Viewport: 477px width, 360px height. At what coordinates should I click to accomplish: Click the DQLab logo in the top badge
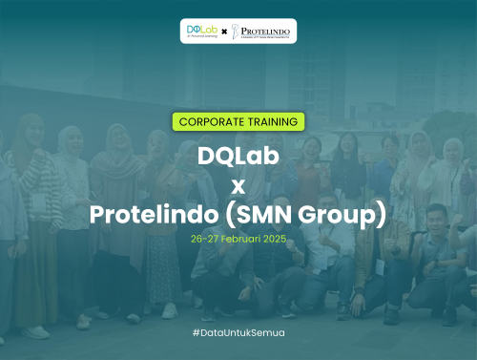[202, 32]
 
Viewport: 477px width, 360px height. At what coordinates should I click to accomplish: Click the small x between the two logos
[224, 32]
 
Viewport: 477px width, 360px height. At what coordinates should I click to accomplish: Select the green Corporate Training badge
[238, 121]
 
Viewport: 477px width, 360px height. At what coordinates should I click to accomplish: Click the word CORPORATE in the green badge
[214, 121]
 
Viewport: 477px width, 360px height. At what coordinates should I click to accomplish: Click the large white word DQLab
[238, 156]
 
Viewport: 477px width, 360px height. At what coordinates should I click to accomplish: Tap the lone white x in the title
[238, 186]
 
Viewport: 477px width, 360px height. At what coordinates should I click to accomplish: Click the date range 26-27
[205, 239]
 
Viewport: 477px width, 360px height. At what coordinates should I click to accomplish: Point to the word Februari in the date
[242, 239]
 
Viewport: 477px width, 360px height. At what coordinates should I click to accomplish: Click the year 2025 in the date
[276, 239]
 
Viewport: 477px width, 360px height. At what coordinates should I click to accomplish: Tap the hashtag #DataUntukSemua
[238, 332]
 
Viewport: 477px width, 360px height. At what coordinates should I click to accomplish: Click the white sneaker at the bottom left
[37, 331]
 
